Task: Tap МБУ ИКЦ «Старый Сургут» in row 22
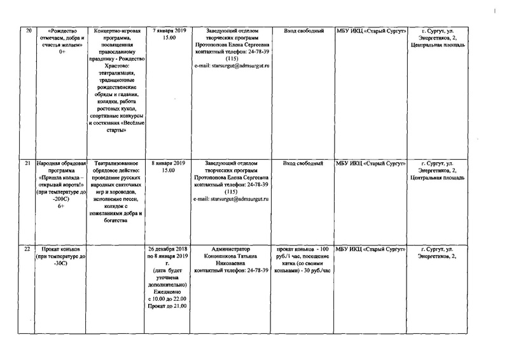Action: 371,249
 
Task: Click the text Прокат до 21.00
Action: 167,306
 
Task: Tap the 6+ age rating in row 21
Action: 62,206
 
